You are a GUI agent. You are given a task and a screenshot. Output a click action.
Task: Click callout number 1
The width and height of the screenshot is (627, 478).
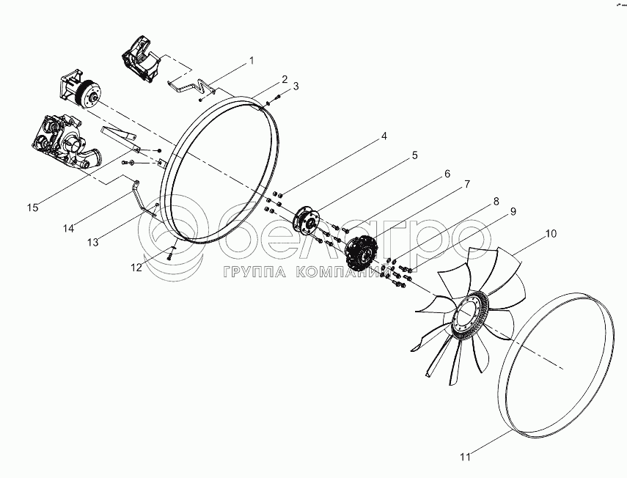252,61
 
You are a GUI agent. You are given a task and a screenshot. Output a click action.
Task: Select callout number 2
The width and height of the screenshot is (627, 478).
284,79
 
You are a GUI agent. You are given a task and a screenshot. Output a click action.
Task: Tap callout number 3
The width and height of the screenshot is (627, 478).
296,86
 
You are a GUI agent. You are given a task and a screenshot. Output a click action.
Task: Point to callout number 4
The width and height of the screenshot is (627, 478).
384,136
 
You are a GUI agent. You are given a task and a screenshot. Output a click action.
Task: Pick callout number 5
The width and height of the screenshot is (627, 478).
414,155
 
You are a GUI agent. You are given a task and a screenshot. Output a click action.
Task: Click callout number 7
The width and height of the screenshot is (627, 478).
466,184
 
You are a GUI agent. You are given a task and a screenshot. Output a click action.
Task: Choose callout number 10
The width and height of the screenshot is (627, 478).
551,233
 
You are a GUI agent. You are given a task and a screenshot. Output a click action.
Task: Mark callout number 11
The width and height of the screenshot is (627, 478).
465,457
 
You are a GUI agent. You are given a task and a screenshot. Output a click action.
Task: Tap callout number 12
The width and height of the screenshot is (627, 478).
136,268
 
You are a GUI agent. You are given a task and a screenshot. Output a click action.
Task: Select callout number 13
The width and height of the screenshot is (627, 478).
93,242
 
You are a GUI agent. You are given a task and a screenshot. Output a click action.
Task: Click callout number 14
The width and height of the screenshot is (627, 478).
68,228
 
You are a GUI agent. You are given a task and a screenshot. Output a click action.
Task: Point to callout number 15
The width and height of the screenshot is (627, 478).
33,207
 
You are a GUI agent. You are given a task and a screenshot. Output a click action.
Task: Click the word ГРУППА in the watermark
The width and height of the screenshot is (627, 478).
254,272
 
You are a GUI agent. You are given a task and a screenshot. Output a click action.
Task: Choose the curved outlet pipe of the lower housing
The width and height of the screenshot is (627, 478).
91,158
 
